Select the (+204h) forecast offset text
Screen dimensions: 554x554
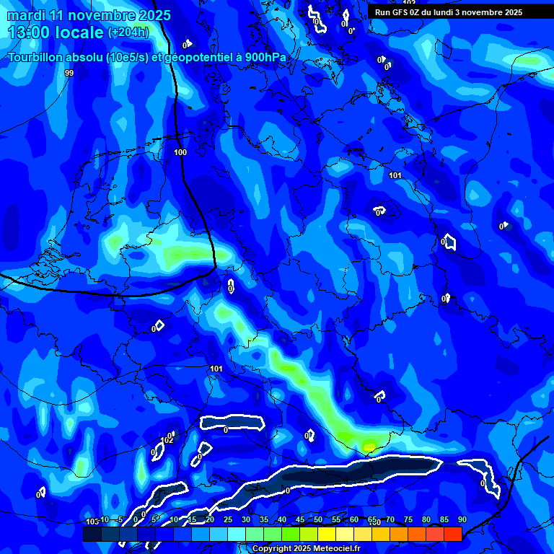[x=128, y=32]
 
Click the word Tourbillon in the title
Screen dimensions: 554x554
[x=38, y=57]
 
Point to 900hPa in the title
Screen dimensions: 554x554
[x=265, y=57]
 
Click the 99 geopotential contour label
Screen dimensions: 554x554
[x=69, y=73]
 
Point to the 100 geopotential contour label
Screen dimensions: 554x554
[x=180, y=152]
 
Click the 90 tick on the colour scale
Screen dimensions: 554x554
[x=462, y=519]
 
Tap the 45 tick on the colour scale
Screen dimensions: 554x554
[x=300, y=519]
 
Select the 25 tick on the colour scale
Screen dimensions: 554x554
[x=228, y=519]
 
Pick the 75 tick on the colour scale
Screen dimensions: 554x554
[x=408, y=519]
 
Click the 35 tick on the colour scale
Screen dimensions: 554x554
[x=264, y=519]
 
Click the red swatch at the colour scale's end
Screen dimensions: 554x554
[x=452, y=534]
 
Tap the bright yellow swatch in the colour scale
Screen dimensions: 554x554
[x=326, y=534]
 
